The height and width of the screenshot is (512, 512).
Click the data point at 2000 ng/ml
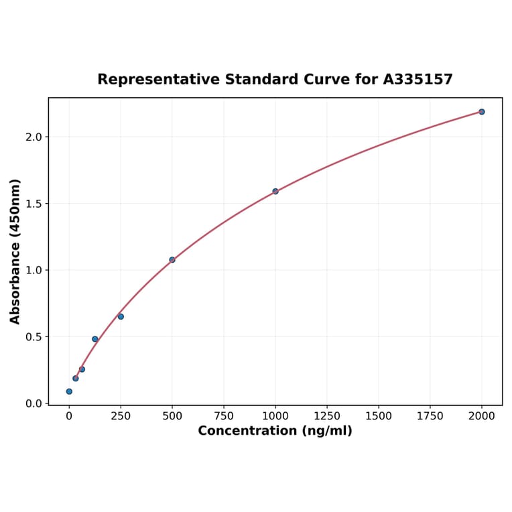tap(481, 112)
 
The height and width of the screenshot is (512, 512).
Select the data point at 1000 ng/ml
tap(275, 192)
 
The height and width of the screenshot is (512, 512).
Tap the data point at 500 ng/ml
tap(172, 260)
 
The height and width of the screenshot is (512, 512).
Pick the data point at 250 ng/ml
tap(121, 316)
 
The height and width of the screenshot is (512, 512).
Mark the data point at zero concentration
tap(69, 391)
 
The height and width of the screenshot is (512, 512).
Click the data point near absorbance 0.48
tap(95, 339)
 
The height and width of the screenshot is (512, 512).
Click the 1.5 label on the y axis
tap(34, 204)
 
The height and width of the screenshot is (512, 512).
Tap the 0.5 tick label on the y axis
tap(34, 337)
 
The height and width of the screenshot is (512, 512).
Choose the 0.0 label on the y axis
tap(34, 403)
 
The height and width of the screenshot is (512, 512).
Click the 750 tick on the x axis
tap(224, 416)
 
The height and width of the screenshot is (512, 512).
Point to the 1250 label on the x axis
tap(327, 416)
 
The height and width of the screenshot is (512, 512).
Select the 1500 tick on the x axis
tap(379, 416)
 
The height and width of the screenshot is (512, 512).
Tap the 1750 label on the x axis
tap(430, 416)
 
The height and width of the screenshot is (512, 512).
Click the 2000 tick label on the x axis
tap(481, 416)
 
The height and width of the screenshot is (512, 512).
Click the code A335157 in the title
tap(418, 80)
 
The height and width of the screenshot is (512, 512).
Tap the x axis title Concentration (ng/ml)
tap(275, 431)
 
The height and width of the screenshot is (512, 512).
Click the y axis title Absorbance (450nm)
tap(15, 251)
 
